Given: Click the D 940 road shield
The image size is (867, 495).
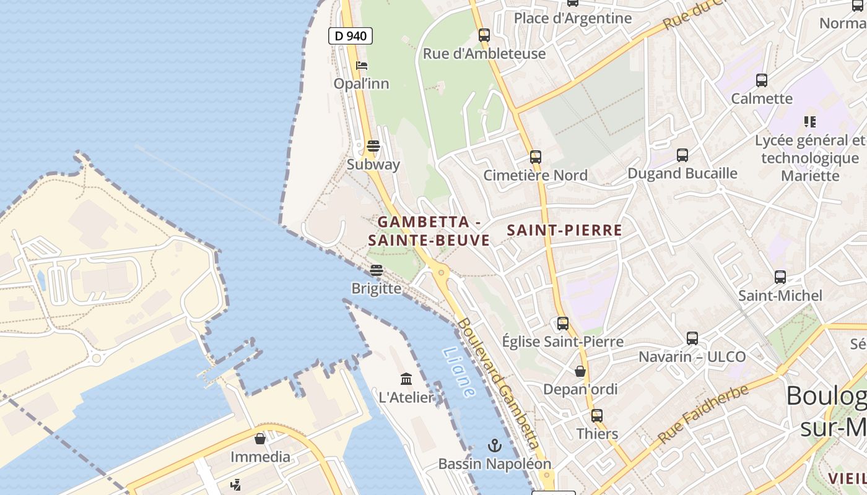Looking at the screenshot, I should [351, 36].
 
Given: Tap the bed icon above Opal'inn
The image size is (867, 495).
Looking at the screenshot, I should [362, 65].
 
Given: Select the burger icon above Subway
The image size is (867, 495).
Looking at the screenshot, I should [373, 146].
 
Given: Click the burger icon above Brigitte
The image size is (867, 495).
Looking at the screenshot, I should [376, 270].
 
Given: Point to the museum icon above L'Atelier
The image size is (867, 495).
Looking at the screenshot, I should [406, 379].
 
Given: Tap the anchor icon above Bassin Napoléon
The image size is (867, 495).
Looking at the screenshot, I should [494, 445].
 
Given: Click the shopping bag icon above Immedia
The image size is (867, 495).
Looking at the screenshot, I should [260, 439].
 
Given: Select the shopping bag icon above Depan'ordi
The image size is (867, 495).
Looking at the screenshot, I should [580, 371].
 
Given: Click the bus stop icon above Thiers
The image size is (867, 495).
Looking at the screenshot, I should [597, 415].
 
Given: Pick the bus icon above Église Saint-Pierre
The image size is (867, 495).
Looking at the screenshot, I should [562, 323].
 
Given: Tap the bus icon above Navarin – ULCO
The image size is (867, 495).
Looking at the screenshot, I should [692, 338].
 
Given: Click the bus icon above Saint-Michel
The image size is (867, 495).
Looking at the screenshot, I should [780, 277].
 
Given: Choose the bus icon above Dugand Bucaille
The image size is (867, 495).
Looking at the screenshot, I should [682, 155].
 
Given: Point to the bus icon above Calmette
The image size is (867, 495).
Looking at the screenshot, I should [761, 80].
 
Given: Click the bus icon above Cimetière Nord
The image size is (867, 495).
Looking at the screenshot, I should [535, 157].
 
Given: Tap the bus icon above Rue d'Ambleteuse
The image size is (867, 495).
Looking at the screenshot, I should [484, 35].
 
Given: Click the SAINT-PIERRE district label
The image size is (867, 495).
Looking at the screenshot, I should [564, 230].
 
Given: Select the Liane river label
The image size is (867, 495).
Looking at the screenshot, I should [459, 372].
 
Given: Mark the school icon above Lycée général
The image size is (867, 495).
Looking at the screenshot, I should [809, 122].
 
